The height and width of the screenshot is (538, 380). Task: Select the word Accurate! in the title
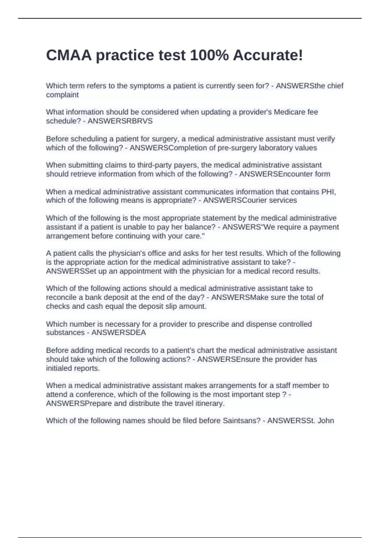pos(268,55)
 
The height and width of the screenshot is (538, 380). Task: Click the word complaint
pos(62,95)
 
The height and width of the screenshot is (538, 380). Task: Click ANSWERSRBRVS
pos(120,121)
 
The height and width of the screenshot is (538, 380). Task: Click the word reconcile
pos(61,297)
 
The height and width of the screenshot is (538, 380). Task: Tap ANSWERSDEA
pos(118,333)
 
